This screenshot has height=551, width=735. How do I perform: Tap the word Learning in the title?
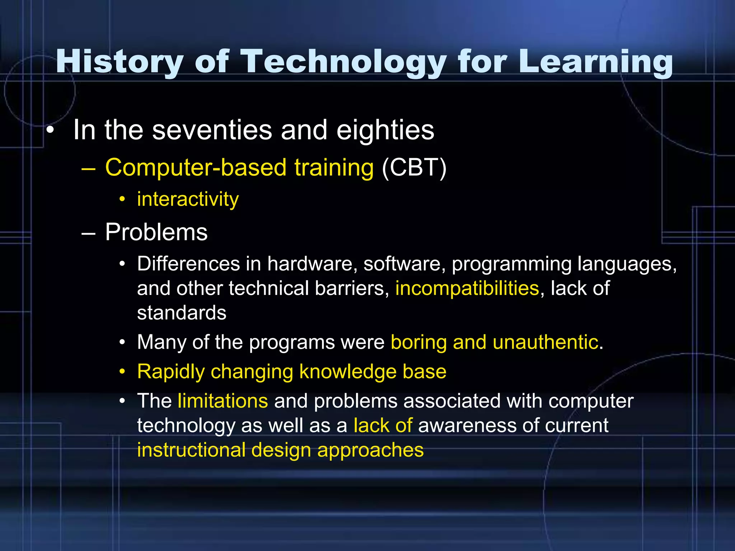(596, 62)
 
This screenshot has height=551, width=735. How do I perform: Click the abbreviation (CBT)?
(414, 168)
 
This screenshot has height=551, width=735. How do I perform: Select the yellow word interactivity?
(188, 199)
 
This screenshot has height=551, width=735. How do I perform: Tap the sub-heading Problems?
(156, 232)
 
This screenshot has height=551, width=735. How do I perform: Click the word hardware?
(312, 264)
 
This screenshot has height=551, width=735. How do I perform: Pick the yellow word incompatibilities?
(467, 288)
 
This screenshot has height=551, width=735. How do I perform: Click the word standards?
(182, 313)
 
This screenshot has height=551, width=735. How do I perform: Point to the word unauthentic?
(545, 342)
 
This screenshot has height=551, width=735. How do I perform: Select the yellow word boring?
(418, 342)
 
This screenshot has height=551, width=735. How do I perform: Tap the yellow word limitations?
(223, 401)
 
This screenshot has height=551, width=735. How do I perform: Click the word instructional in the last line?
(191, 450)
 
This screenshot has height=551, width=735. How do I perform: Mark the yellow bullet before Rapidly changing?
(122, 372)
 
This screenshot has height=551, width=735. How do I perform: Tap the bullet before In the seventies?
(50, 130)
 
